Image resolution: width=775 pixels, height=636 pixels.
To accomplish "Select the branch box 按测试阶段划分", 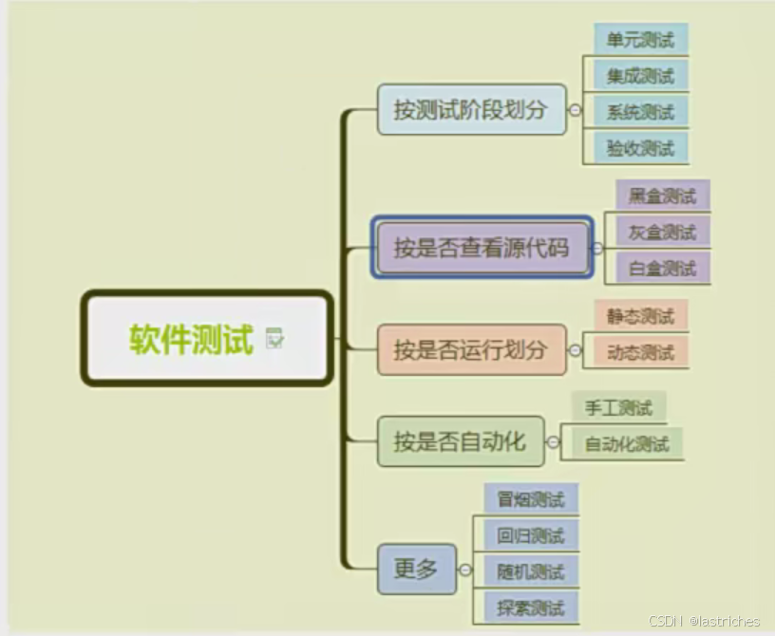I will point(471,109).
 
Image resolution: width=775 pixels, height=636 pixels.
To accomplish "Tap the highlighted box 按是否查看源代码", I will point(482,248).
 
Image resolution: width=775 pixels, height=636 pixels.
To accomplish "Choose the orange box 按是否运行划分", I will point(471,349).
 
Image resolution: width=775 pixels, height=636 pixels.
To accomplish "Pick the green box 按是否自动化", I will point(461,440).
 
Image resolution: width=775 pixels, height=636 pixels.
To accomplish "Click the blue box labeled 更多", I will point(416,569).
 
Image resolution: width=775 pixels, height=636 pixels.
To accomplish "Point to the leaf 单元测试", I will point(640,40).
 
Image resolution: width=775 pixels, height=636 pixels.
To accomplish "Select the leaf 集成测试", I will point(640,76).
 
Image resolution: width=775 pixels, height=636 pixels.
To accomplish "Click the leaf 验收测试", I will point(640,147).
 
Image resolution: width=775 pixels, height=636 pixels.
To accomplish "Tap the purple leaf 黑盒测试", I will point(662,196).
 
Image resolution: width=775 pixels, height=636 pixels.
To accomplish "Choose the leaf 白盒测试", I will point(662,268).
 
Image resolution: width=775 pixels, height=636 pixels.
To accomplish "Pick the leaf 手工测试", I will point(618,408).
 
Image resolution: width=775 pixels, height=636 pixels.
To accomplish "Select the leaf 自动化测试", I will point(626,443).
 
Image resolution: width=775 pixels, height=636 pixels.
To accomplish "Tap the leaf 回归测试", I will point(530,534).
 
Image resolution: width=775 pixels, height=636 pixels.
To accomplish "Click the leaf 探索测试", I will point(530,607).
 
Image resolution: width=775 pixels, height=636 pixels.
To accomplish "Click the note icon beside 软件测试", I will point(275,338).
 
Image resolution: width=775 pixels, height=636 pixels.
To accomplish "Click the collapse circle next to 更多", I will point(465,570).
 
